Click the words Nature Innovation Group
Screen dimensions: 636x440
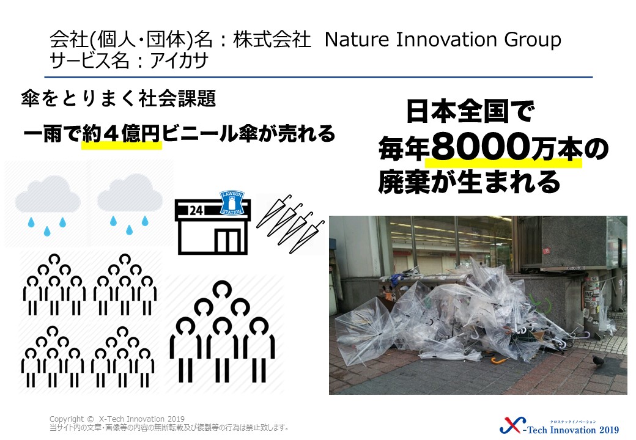[x=443, y=40]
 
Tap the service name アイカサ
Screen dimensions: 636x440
[x=179, y=61]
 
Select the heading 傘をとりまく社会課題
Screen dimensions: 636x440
[x=119, y=98]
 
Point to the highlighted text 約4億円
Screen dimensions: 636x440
[x=121, y=134]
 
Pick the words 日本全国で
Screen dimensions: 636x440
[x=470, y=112]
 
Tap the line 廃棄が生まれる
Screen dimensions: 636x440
[x=469, y=182]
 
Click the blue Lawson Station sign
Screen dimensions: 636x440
[x=232, y=202]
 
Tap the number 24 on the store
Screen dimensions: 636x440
[x=196, y=210]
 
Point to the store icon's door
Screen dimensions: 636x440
[x=228, y=241]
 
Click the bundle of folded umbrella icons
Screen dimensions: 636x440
[x=290, y=223]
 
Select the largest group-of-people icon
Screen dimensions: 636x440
[x=222, y=332]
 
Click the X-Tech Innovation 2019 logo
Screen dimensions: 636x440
[x=560, y=425]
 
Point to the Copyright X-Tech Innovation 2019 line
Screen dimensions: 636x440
[x=117, y=419]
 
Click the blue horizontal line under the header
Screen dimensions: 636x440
[x=319, y=77]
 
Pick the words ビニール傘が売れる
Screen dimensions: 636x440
[x=248, y=134]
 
